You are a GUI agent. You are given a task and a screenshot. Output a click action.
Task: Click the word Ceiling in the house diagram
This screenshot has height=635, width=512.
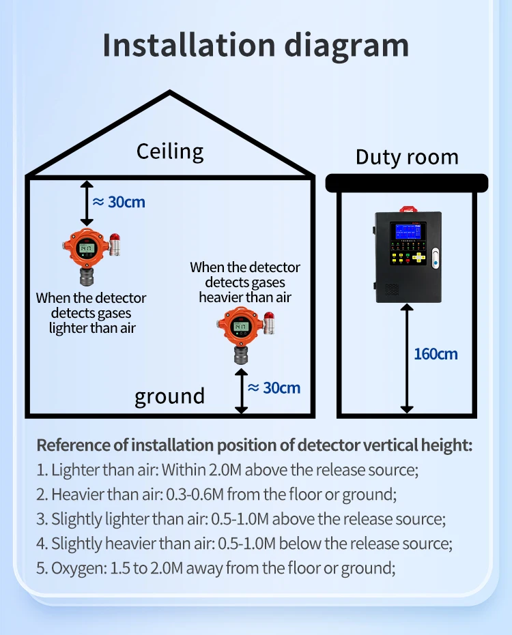tap(170, 151)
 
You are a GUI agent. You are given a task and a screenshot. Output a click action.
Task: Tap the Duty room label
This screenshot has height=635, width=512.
tap(406, 157)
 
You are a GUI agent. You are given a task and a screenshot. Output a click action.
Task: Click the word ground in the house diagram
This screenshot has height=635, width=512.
tap(169, 396)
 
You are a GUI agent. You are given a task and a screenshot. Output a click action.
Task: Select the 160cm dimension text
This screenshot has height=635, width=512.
tap(436, 354)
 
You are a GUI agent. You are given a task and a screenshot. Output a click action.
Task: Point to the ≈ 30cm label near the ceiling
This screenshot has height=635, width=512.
tap(119, 202)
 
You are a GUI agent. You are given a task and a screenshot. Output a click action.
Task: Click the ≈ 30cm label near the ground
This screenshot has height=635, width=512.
tap(274, 387)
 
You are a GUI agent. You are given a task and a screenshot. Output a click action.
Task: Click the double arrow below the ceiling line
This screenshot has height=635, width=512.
tap(87, 203)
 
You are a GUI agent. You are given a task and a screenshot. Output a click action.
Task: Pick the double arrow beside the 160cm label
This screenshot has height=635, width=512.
tap(407, 359)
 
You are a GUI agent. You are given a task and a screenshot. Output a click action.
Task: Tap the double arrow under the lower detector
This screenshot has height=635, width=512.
tap(241, 390)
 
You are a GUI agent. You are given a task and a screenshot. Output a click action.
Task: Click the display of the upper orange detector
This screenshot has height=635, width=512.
tap(86, 248)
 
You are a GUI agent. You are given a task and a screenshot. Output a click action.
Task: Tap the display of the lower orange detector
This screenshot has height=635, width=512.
tap(240, 326)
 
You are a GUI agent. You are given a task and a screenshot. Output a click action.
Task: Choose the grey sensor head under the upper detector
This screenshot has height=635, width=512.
tap(87, 276)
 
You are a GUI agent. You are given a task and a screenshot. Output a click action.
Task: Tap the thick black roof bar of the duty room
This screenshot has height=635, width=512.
tap(406, 182)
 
